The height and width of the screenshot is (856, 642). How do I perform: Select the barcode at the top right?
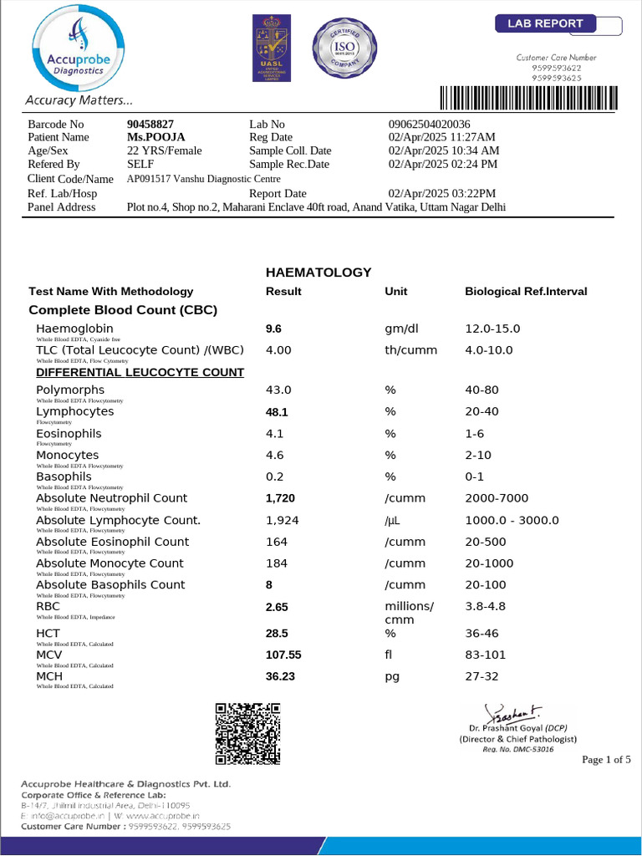click(529, 98)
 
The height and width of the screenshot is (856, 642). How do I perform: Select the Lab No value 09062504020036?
click(430, 124)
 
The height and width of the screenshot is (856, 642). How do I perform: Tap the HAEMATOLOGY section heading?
click(318, 273)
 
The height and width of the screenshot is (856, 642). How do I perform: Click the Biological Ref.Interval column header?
click(526, 292)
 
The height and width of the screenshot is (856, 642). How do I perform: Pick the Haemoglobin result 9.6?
click(273, 329)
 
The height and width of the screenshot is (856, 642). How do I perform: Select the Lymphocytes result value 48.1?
click(277, 412)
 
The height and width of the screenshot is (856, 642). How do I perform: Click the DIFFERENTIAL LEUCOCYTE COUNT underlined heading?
click(140, 372)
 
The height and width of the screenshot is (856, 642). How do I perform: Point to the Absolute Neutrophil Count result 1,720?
click(280, 498)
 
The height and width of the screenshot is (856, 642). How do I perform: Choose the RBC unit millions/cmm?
click(409, 613)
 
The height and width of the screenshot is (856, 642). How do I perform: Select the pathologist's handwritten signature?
click(517, 714)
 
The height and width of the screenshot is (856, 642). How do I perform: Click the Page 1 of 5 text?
click(606, 760)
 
